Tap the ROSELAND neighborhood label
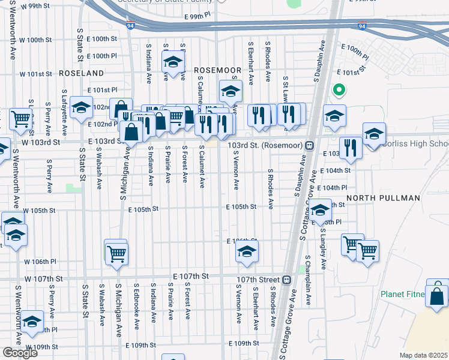tap(82, 73)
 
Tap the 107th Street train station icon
tap(287, 280)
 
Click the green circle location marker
tap(339, 91)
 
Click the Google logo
tap(20, 353)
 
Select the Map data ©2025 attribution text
tap(423, 355)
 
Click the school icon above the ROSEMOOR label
tap(173, 63)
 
